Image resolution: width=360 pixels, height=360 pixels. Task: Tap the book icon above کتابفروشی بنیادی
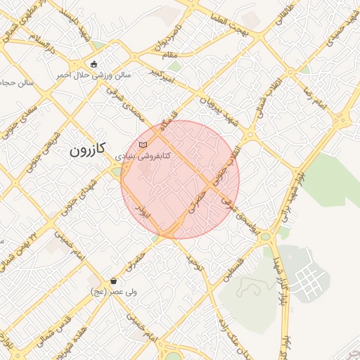[x=143, y=144]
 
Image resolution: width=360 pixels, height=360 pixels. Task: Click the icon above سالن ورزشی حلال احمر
[x=94, y=64]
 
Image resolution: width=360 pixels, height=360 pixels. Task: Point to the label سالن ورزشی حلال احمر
[x=94, y=74]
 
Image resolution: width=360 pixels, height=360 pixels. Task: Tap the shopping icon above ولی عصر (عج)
[x=113, y=281]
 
